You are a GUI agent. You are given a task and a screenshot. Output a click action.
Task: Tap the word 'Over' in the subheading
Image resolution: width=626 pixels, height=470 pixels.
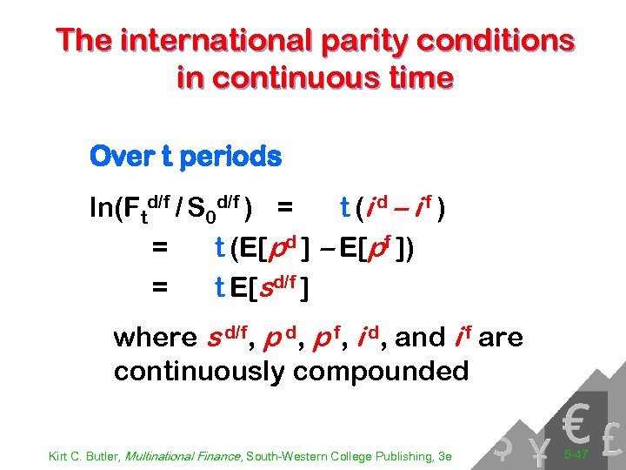tap(116, 158)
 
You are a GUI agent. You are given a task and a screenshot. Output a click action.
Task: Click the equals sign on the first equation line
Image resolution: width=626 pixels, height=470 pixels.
tap(283, 210)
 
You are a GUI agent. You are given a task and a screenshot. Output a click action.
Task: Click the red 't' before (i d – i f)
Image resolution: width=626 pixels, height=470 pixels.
tap(344, 210)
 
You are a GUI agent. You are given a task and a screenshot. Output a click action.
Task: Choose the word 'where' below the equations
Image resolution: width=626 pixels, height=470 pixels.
tap(155, 338)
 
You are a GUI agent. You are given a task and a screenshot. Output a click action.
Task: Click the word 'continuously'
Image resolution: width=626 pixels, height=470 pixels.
tap(199, 372)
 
